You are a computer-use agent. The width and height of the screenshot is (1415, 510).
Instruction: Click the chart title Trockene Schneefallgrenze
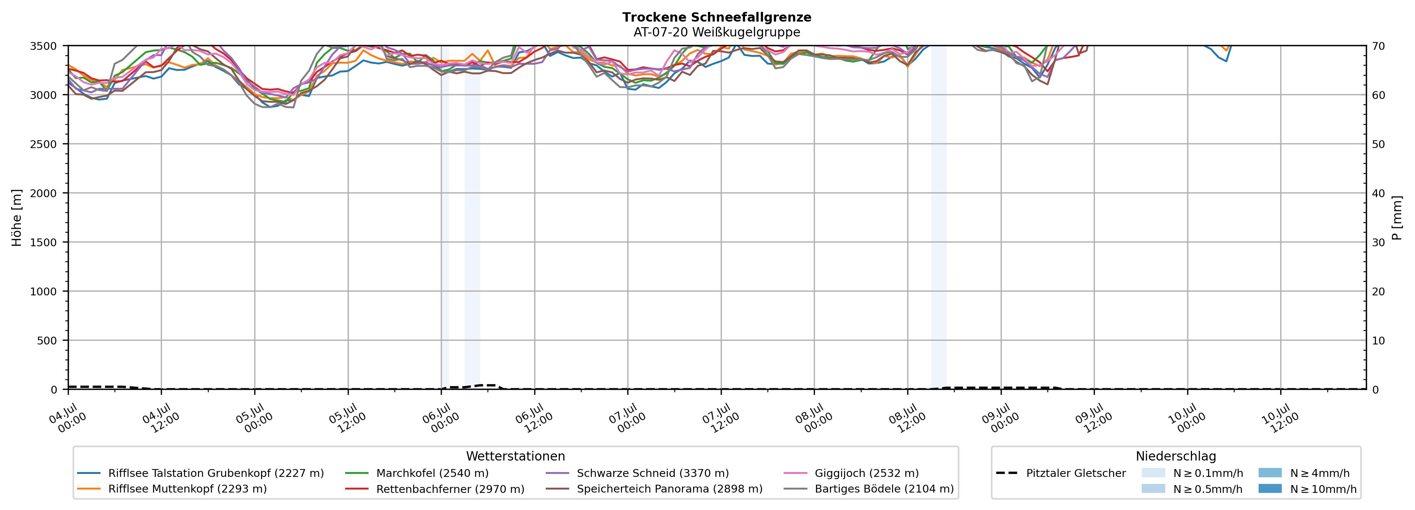tap(717, 17)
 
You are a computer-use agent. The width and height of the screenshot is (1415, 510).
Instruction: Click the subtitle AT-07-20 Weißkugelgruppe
tap(717, 32)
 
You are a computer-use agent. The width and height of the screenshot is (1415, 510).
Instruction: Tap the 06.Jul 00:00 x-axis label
tap(441, 418)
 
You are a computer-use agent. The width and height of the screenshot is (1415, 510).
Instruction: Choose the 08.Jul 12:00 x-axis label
tap(908, 418)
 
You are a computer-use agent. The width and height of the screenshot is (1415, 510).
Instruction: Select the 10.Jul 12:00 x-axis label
tap(1280, 418)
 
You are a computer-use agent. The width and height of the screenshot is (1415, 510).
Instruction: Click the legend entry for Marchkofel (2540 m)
tap(417, 473)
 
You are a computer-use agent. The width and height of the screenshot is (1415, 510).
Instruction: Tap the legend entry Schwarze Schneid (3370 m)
tap(637, 473)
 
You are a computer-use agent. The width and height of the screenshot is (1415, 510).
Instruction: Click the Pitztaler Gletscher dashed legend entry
tap(1061, 473)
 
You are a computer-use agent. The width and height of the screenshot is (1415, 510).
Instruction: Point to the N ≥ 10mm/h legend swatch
tap(1270, 488)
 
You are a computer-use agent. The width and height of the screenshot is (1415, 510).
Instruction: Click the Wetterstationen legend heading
tap(515, 456)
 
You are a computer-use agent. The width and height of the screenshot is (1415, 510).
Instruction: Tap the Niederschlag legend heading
tap(1176, 456)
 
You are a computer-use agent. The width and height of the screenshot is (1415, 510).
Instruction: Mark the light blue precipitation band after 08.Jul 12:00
tap(939, 217)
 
